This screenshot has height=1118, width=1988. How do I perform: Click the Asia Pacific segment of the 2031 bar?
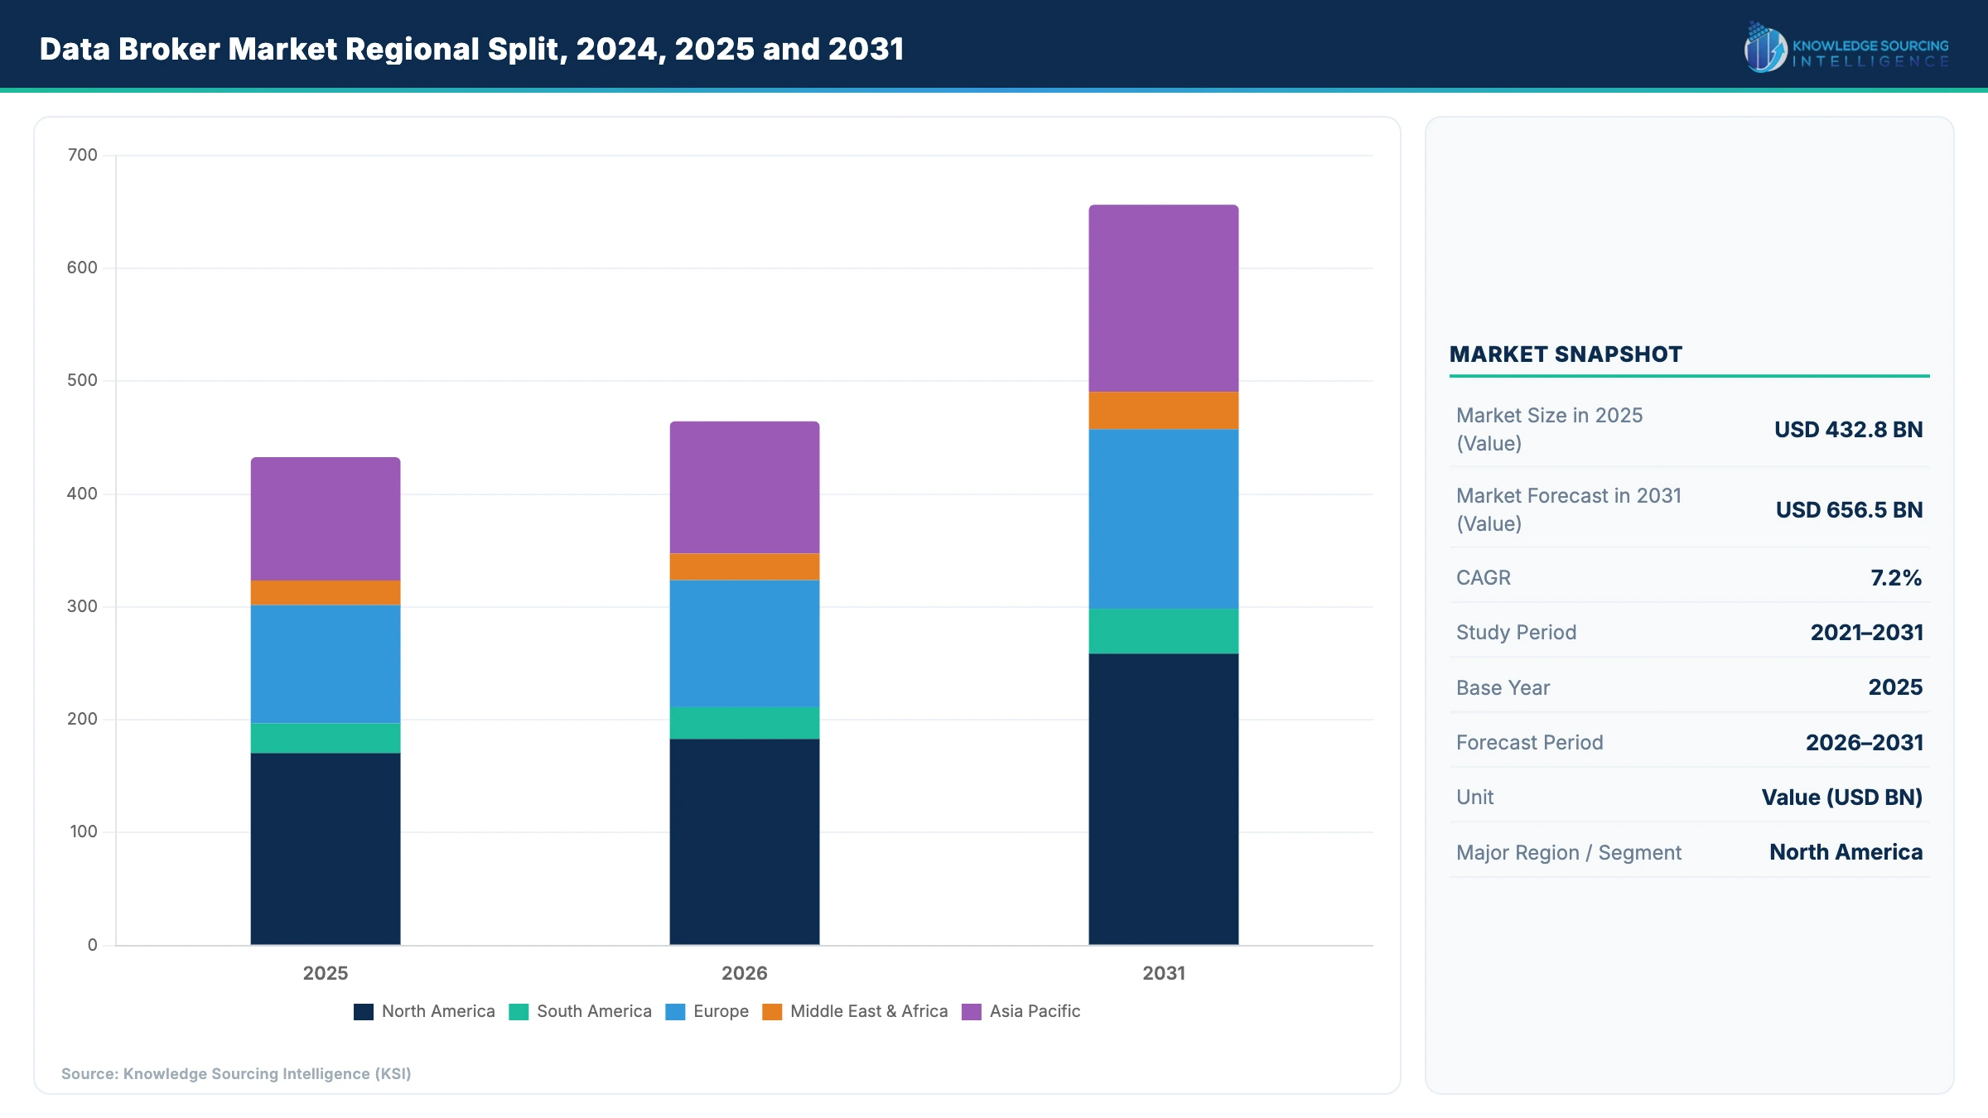pos(1163,298)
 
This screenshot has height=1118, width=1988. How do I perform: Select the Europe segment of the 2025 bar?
pos(326,664)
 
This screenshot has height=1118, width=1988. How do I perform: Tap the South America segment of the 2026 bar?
pos(744,723)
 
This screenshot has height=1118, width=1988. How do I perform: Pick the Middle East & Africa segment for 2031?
pos(1163,410)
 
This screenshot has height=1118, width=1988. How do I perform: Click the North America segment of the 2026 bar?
pos(744,841)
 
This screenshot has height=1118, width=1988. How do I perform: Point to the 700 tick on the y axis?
pos(82,155)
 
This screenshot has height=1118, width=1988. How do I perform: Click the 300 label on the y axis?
pos(82,606)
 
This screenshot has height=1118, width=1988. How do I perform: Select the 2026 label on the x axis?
pos(744,973)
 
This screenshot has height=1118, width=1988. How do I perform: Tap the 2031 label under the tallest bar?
pos(1163,973)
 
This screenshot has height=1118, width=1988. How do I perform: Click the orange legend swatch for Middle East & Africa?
pos(772,1012)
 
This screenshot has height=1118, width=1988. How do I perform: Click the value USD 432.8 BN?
pos(1848,430)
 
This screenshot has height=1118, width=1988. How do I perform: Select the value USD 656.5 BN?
pos(1849,510)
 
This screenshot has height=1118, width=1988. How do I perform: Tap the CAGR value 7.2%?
pos(1895,578)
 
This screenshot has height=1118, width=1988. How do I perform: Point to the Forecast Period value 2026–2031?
pos(1864,743)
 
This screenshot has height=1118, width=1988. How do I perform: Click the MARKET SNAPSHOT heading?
pos(1566,354)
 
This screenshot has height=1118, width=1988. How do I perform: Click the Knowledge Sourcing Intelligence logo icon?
pos(1764,48)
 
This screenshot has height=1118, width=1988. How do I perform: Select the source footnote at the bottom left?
pos(236,1074)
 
